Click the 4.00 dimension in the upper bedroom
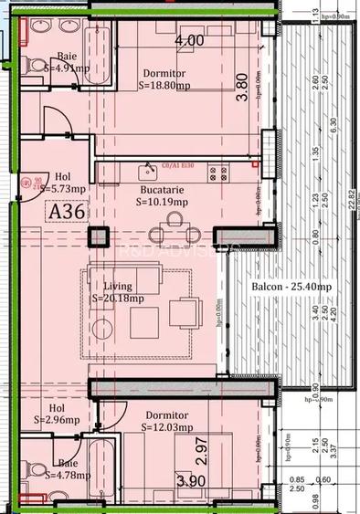click(x=189, y=40)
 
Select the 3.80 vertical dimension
click(x=242, y=96)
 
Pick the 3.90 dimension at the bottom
click(x=190, y=482)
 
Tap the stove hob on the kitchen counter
click(x=217, y=171)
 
